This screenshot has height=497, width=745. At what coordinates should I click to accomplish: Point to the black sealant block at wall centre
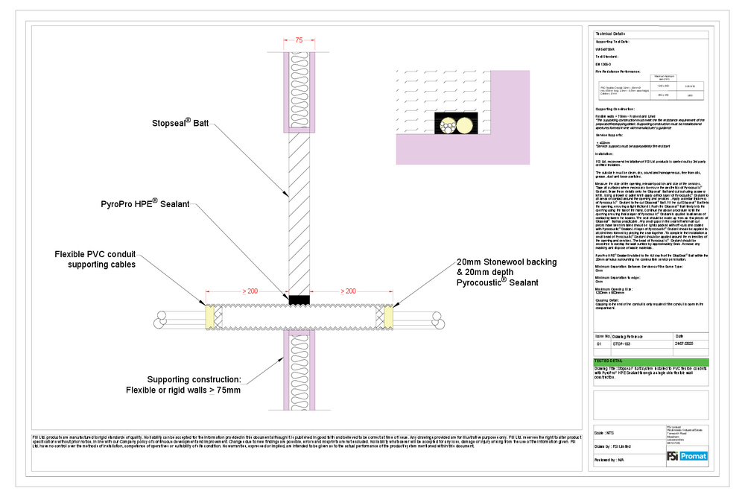coord(299,300)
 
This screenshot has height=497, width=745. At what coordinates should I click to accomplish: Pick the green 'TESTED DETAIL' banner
coord(645,361)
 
